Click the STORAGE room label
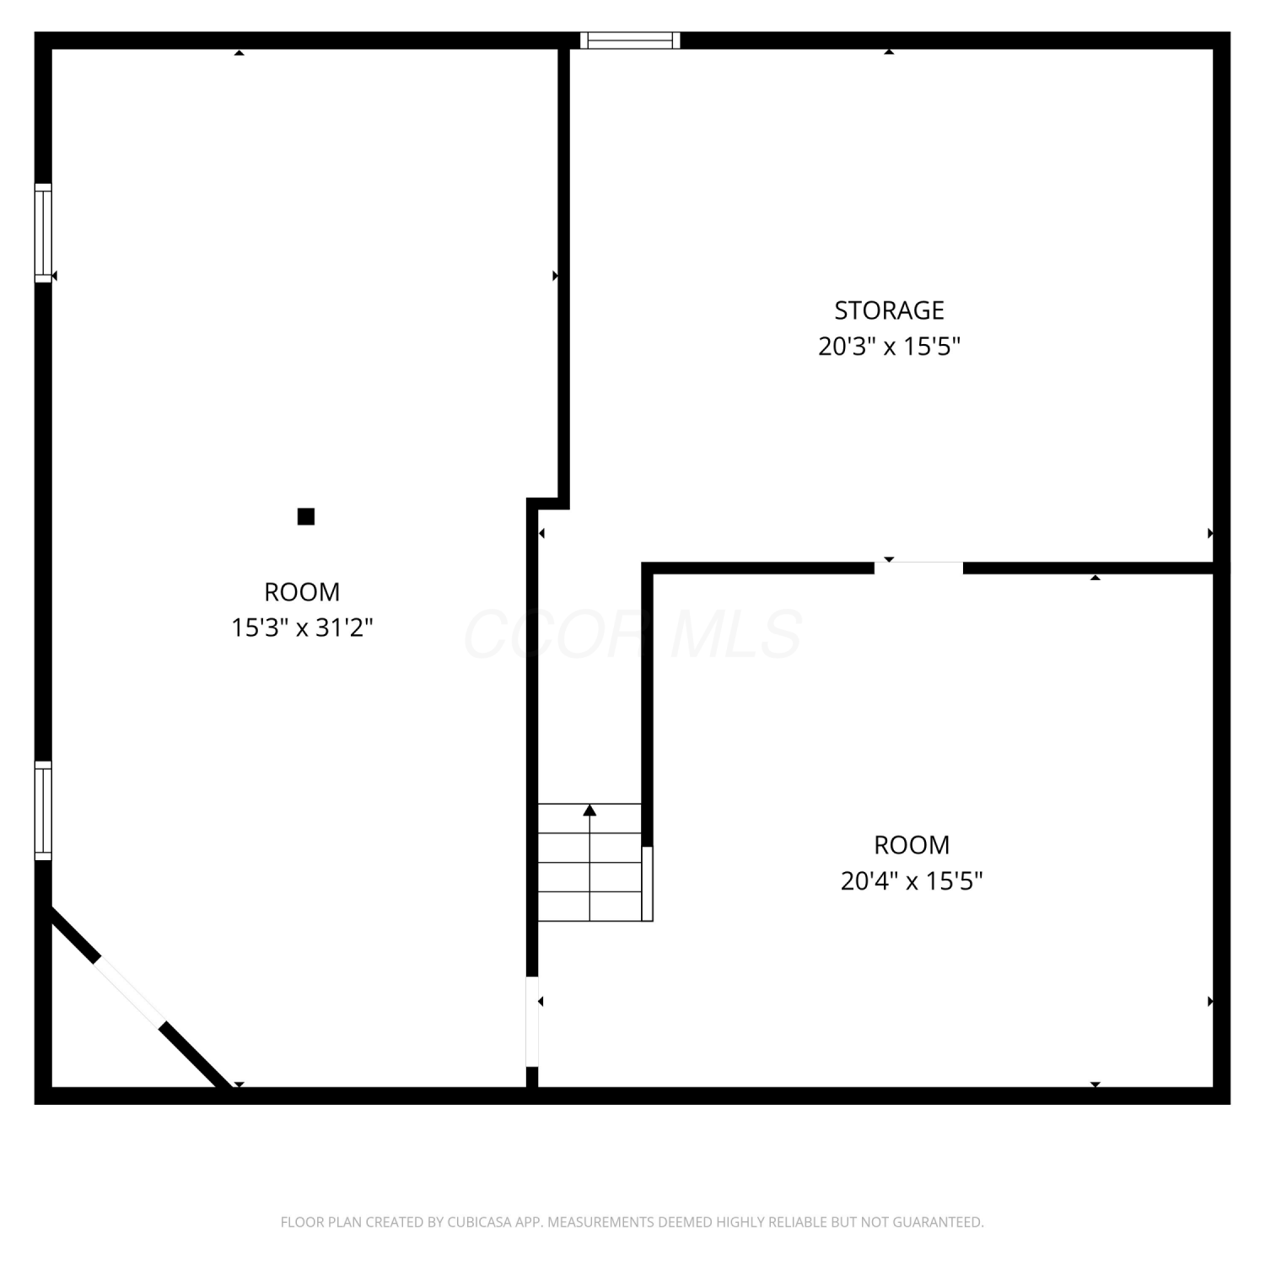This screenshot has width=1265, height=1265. coord(889,311)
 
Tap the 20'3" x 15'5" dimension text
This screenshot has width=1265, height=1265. coord(890,347)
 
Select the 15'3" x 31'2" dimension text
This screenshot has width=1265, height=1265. coord(303,627)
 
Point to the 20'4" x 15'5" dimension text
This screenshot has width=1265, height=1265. coord(912,881)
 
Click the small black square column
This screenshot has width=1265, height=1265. coord(306,516)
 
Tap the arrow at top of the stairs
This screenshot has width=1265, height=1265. coord(589,810)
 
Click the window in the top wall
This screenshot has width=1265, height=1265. coord(630,40)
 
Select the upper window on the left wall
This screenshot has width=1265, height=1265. coord(43,232)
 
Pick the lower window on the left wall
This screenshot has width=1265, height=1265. coord(43,810)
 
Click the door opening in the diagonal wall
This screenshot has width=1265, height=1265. coord(130,992)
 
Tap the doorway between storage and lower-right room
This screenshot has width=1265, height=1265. coord(918,568)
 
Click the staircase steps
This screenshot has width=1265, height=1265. coord(589,862)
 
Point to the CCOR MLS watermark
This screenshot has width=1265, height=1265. coord(632,634)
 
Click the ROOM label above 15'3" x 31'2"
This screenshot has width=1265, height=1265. coord(302,592)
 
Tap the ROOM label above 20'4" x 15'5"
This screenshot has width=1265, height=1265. coord(912,845)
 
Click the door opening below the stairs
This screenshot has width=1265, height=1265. coord(532,1021)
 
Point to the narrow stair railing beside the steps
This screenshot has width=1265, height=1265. coord(648,884)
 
